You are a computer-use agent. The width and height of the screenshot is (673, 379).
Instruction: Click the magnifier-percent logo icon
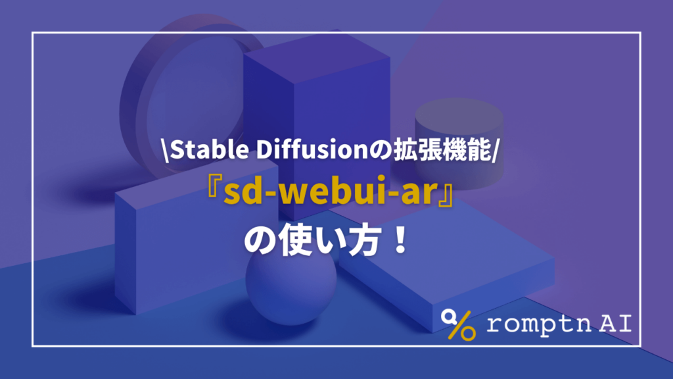pos(459,324)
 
